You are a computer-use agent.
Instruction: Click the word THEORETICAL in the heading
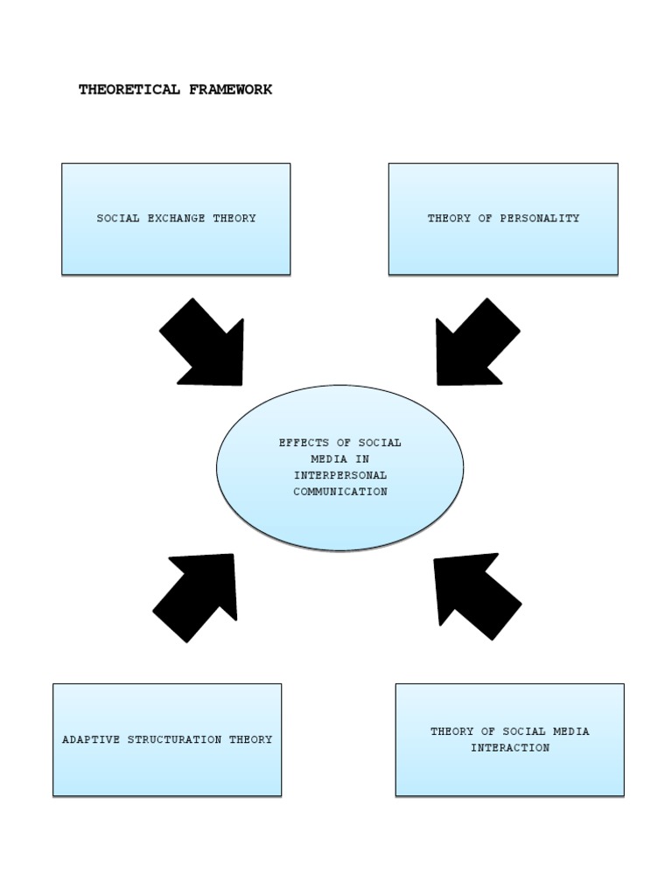point(129,89)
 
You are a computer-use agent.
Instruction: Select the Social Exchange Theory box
point(176,219)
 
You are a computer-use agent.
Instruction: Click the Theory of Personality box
point(503,219)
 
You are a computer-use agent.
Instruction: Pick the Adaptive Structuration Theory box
point(167,739)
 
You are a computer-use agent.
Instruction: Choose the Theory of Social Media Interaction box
point(509,739)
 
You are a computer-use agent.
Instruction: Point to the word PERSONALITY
point(539,219)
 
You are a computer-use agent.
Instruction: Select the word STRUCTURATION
point(175,739)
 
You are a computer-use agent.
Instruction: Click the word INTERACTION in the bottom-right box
point(509,748)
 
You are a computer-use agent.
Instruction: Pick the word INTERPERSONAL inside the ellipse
point(339,475)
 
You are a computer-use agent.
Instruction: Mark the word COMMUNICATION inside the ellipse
point(339,492)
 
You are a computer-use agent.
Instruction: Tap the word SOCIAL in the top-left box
point(117,219)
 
